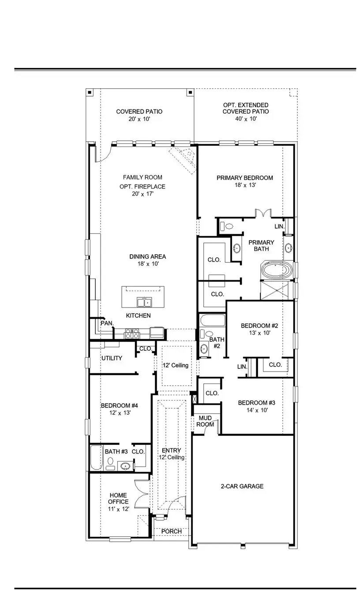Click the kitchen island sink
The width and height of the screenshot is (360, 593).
click(144, 302)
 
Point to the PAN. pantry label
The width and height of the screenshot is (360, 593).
click(107, 323)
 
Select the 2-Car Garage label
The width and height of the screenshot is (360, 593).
click(242, 486)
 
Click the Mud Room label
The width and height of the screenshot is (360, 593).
click(206, 421)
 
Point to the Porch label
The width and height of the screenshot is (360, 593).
click(172, 531)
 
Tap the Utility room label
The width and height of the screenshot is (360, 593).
click(112, 358)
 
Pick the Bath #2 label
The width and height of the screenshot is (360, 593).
click(217, 343)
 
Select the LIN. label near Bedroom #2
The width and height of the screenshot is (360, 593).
click(242, 367)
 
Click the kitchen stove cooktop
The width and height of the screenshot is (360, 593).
click(132, 334)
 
